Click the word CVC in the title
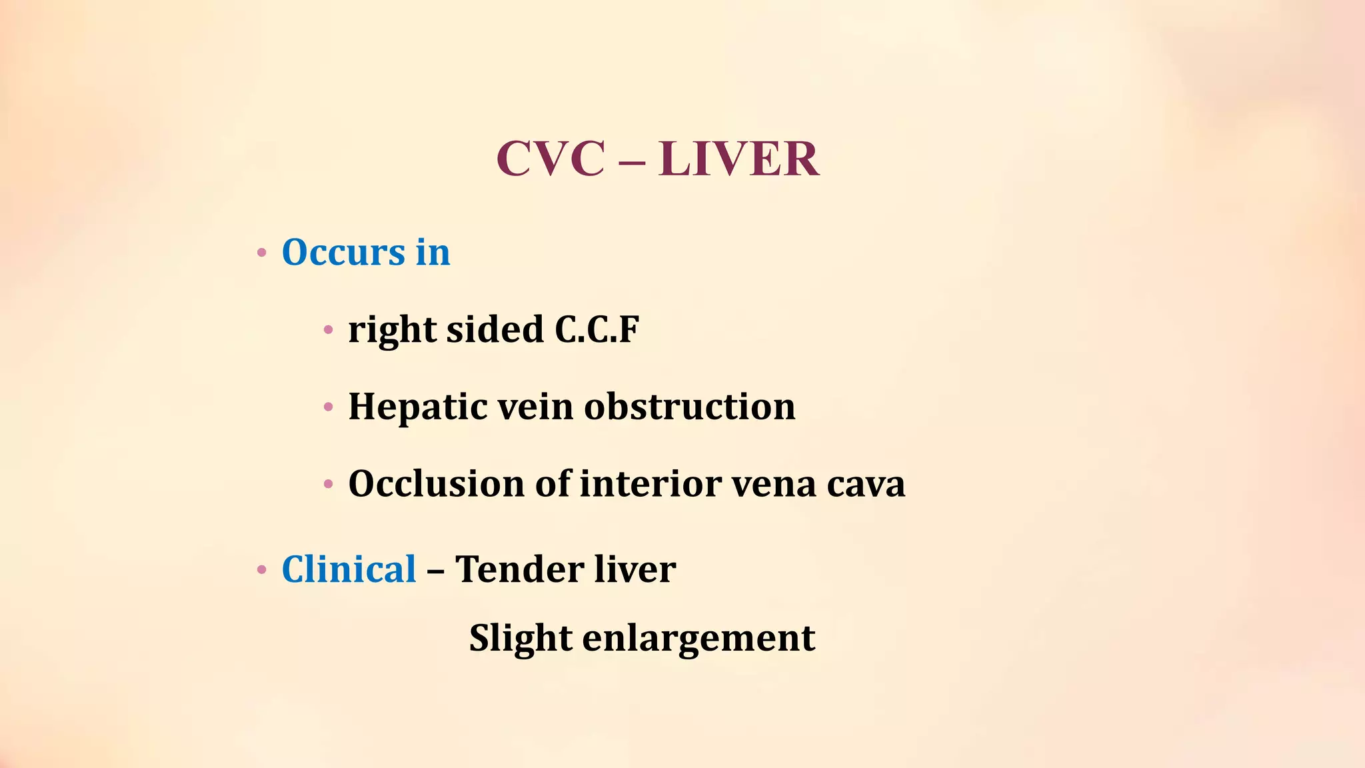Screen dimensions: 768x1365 coord(551,159)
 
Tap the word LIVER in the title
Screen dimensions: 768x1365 coord(738,159)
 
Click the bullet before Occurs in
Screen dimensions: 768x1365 coord(262,253)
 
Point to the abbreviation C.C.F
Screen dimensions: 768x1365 coord(597,329)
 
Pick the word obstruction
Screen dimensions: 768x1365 coord(690,406)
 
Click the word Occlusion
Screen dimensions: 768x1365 coord(436,483)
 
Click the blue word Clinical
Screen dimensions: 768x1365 coord(349,569)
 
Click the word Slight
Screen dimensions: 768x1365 coord(521,639)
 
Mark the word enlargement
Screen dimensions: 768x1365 coord(698,639)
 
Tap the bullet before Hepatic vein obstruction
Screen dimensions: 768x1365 coord(328,407)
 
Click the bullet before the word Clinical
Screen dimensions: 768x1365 coord(262,571)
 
